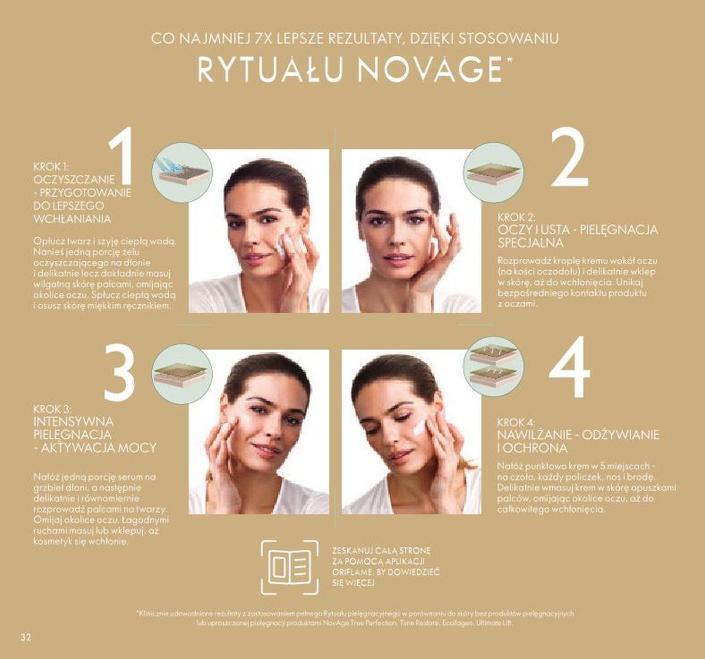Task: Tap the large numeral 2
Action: point(568,157)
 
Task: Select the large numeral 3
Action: point(120,372)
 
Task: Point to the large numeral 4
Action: point(569,368)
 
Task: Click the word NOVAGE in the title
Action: point(431,69)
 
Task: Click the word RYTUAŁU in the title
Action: point(271,69)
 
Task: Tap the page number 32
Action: point(25,637)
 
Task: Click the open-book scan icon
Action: point(290,567)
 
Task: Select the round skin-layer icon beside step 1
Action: point(181,173)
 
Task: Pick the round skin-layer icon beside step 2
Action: point(492,173)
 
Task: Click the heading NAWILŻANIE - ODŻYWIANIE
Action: point(578,435)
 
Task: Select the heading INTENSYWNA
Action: point(74,422)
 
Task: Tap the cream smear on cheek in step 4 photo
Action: point(419,426)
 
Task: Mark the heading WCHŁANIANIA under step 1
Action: point(72,218)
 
